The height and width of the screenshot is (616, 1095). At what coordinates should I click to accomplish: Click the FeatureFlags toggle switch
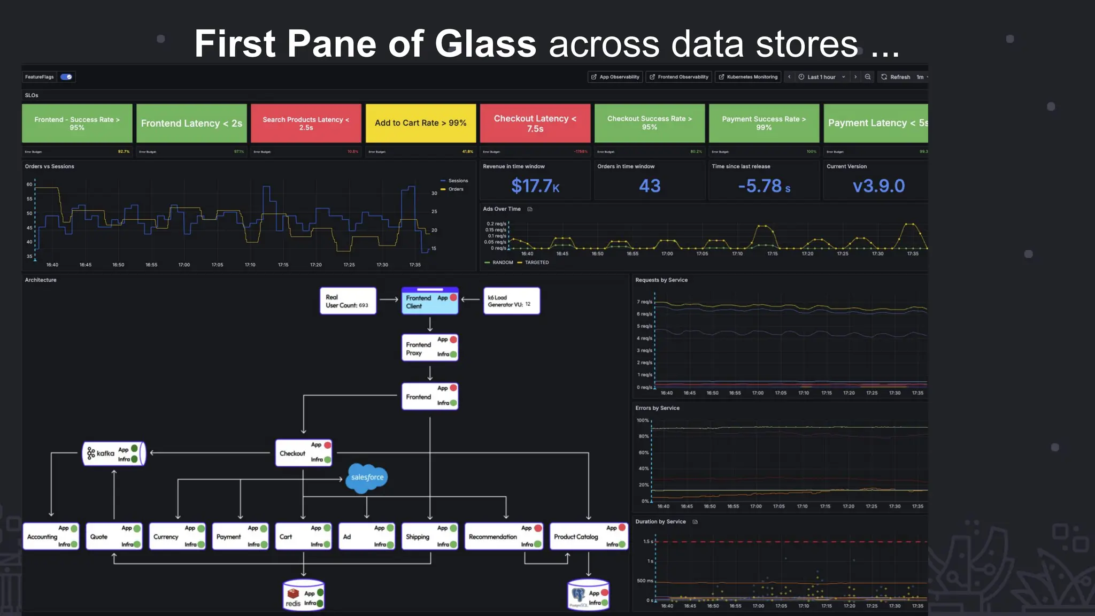(x=66, y=77)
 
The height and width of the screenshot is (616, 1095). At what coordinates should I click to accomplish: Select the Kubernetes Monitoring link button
(x=748, y=77)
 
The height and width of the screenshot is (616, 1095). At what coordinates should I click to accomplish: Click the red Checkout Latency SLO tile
(x=535, y=124)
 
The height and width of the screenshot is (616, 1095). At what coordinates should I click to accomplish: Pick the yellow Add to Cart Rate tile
(x=420, y=124)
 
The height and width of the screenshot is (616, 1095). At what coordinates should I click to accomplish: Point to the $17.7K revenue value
(x=535, y=186)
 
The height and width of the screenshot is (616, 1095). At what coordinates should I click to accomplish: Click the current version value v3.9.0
(x=878, y=186)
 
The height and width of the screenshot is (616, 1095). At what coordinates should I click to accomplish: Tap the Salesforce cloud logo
(x=367, y=477)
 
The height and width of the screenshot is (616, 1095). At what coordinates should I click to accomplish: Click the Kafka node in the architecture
(x=114, y=453)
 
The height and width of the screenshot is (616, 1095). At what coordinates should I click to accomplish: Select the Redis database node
(x=304, y=595)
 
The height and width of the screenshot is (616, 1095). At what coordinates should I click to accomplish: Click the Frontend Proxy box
(x=429, y=348)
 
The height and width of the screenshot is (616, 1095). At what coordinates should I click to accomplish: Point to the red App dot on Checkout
(x=328, y=445)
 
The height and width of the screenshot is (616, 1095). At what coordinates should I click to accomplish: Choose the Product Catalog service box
(x=588, y=536)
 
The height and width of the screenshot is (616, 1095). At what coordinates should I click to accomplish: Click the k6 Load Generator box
(x=511, y=301)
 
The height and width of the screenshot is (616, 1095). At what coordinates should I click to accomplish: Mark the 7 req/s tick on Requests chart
(x=644, y=302)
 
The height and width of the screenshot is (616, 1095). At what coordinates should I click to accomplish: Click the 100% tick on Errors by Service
(x=643, y=421)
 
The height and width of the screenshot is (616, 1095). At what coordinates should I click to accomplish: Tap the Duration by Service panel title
(x=660, y=522)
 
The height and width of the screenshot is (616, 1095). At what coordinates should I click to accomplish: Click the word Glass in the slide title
(x=485, y=44)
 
